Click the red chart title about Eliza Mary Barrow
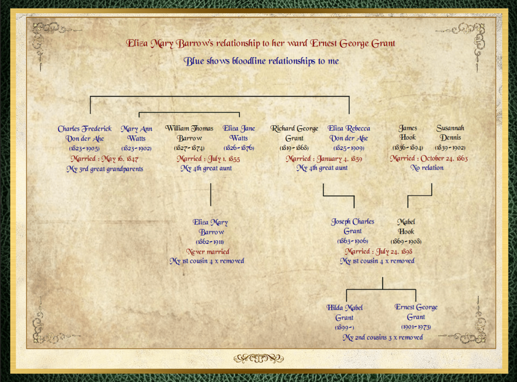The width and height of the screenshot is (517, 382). tap(261, 43)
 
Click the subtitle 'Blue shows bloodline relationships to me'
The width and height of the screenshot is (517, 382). tap(261, 61)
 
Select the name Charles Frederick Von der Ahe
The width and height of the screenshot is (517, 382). tap(85, 134)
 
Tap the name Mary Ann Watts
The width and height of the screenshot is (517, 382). tap(136, 134)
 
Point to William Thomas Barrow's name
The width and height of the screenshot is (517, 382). tap(189, 133)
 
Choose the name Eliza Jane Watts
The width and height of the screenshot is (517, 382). tap(239, 133)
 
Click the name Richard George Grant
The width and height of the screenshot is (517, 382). tap(294, 133)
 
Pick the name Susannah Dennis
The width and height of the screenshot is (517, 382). tap(450, 133)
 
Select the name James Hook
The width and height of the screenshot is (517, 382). tap(408, 133)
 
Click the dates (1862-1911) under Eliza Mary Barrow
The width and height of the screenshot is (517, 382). tap(210, 242)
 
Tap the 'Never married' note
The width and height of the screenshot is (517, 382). tap(208, 252)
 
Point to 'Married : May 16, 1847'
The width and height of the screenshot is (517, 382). tap(105, 159)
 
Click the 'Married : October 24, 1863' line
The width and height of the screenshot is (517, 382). tap(429, 158)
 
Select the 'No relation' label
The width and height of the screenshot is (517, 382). tap(427, 168)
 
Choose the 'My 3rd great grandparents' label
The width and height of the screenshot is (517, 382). tap(105, 169)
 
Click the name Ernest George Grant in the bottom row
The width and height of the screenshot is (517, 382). tap(416, 312)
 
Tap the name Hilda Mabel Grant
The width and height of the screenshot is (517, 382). tap(344, 312)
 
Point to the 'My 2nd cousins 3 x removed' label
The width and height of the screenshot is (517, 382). tap(383, 338)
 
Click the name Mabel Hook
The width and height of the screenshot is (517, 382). tap(406, 227)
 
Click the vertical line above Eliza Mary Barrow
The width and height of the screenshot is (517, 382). tap(211, 195)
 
